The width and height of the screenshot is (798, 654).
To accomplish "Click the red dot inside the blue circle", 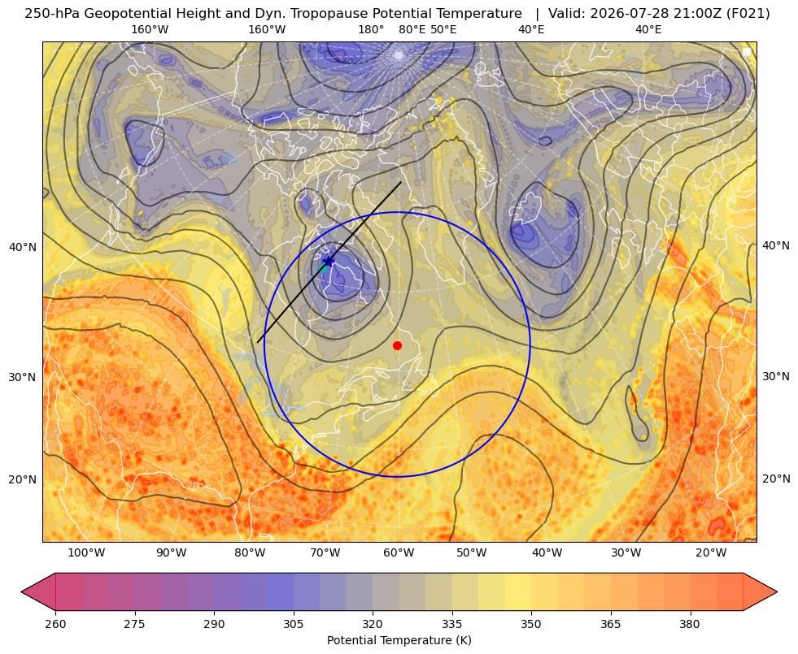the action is pyautogui.click(x=397, y=345).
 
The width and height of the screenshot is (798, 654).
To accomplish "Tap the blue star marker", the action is pyautogui.click(x=329, y=262).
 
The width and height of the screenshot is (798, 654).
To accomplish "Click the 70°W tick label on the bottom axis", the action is pyautogui.click(x=325, y=553).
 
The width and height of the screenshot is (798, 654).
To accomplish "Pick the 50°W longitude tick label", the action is pyautogui.click(x=471, y=553).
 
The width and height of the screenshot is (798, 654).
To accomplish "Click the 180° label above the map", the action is pyautogui.click(x=371, y=29).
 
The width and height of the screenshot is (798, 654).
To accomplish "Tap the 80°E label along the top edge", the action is pyautogui.click(x=412, y=29).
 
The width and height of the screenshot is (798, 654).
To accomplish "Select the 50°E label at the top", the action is pyautogui.click(x=443, y=29).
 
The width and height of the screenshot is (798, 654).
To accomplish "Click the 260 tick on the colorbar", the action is pyautogui.click(x=55, y=624).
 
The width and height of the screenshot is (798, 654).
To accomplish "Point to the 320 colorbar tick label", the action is pyautogui.click(x=373, y=624).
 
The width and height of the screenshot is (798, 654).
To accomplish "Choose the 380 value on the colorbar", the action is pyautogui.click(x=690, y=624).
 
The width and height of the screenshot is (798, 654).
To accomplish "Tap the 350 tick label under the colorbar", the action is pyautogui.click(x=531, y=624).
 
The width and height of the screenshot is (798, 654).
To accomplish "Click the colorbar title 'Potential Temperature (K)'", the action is pyautogui.click(x=399, y=640).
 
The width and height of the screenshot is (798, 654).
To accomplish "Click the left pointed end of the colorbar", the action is pyautogui.click(x=22, y=591).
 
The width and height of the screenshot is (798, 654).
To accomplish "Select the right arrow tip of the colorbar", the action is pyautogui.click(x=777, y=591).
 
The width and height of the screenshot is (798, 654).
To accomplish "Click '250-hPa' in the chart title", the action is pyautogui.click(x=52, y=14).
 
